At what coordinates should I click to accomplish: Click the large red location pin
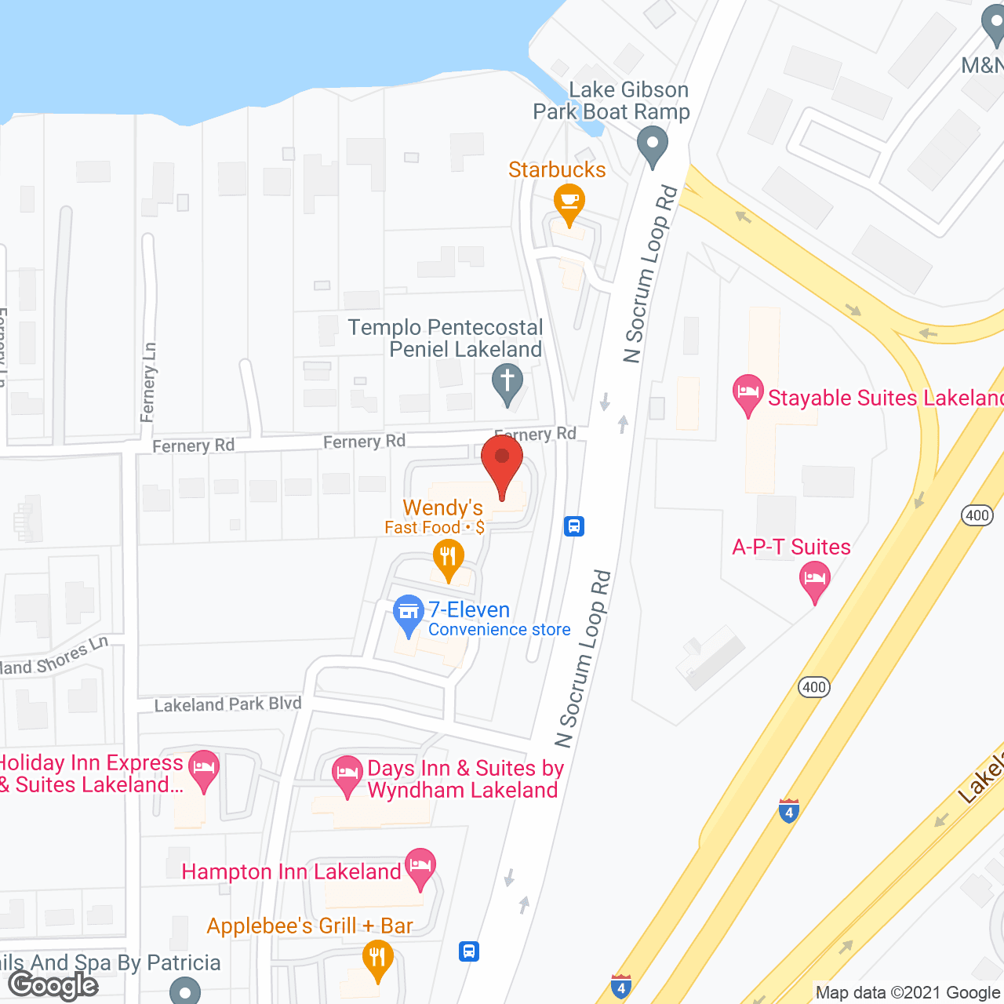click(502, 463)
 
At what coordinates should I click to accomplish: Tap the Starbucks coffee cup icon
click(569, 203)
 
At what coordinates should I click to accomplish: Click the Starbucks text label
click(557, 169)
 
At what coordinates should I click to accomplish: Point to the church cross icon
click(507, 383)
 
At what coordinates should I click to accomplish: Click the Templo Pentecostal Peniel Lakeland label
click(446, 338)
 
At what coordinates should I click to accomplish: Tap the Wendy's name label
click(442, 508)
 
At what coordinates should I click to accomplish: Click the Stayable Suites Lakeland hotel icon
click(748, 391)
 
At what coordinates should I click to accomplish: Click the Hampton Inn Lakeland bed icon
click(420, 867)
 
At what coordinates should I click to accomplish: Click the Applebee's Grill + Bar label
click(310, 926)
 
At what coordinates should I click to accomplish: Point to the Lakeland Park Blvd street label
click(227, 704)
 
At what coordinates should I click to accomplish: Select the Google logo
click(53, 984)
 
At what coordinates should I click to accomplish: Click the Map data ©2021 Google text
click(908, 993)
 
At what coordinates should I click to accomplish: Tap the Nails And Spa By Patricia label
click(110, 962)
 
